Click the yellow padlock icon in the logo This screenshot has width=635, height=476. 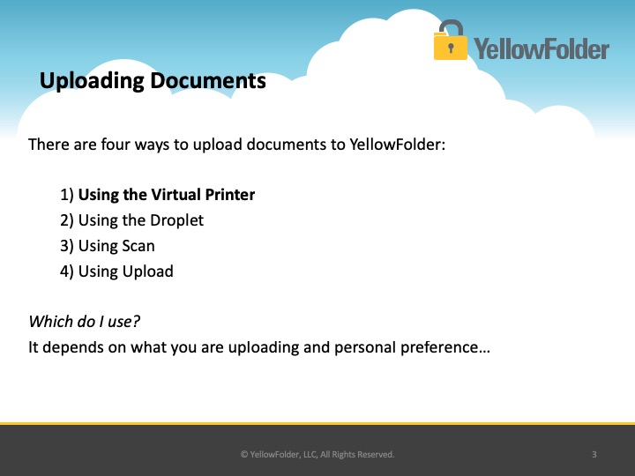(x=451, y=40)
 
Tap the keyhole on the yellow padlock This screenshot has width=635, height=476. (x=451, y=48)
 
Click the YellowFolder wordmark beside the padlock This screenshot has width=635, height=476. (x=542, y=48)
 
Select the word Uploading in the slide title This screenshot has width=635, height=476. (x=92, y=81)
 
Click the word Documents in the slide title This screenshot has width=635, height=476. (x=208, y=80)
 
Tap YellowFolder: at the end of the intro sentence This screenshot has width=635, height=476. (x=397, y=144)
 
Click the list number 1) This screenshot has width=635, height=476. (x=67, y=195)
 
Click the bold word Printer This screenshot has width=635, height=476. (x=230, y=194)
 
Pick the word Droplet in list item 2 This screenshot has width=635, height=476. (x=177, y=220)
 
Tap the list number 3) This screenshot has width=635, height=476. (x=67, y=246)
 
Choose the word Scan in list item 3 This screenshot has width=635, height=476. (x=138, y=246)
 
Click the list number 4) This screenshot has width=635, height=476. (x=67, y=271)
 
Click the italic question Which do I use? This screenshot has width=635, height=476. (x=85, y=322)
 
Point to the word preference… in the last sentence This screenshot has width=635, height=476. (x=445, y=347)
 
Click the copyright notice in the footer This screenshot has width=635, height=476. (x=317, y=455)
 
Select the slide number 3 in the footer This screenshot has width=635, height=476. (x=594, y=455)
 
